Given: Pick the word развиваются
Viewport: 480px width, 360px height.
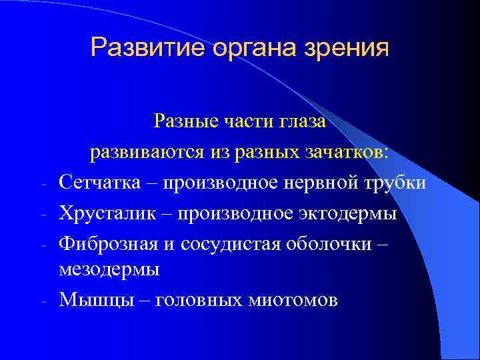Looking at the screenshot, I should [x=146, y=152].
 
